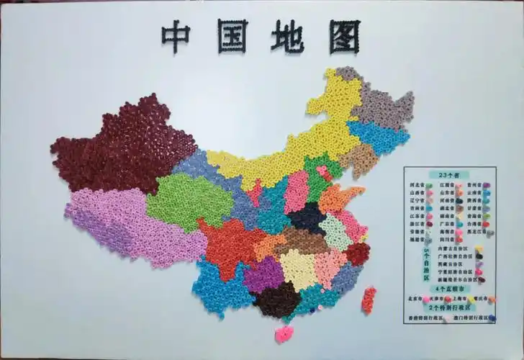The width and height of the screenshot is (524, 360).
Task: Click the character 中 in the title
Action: (x=176, y=35)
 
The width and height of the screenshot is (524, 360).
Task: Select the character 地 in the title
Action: (x=287, y=36)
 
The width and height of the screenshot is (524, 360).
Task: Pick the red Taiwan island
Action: (x=369, y=300)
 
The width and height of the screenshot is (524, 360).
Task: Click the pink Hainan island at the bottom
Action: (x=284, y=333)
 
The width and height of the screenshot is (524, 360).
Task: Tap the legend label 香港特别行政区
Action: (x=424, y=318)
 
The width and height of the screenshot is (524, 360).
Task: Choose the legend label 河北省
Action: (x=415, y=184)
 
